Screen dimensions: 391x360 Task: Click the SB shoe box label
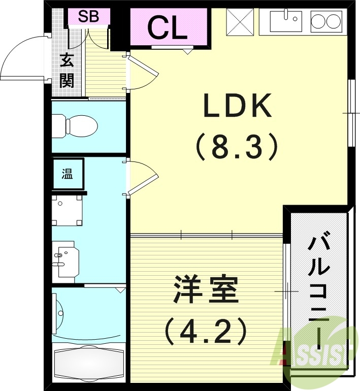pyautogui.click(x=88, y=17)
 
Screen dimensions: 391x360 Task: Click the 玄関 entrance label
pyautogui.click(x=67, y=71)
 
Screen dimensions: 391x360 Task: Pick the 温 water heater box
pyautogui.click(x=68, y=175)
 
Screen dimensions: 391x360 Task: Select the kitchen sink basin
pyautogui.click(x=286, y=21)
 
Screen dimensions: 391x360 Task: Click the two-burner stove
pyautogui.click(x=325, y=21)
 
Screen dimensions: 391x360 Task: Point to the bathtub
pyautogui.click(x=89, y=364)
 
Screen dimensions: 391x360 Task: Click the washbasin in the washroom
pyautogui.click(x=64, y=259)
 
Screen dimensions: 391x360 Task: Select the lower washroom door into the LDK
pyautogui.click(x=142, y=178)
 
